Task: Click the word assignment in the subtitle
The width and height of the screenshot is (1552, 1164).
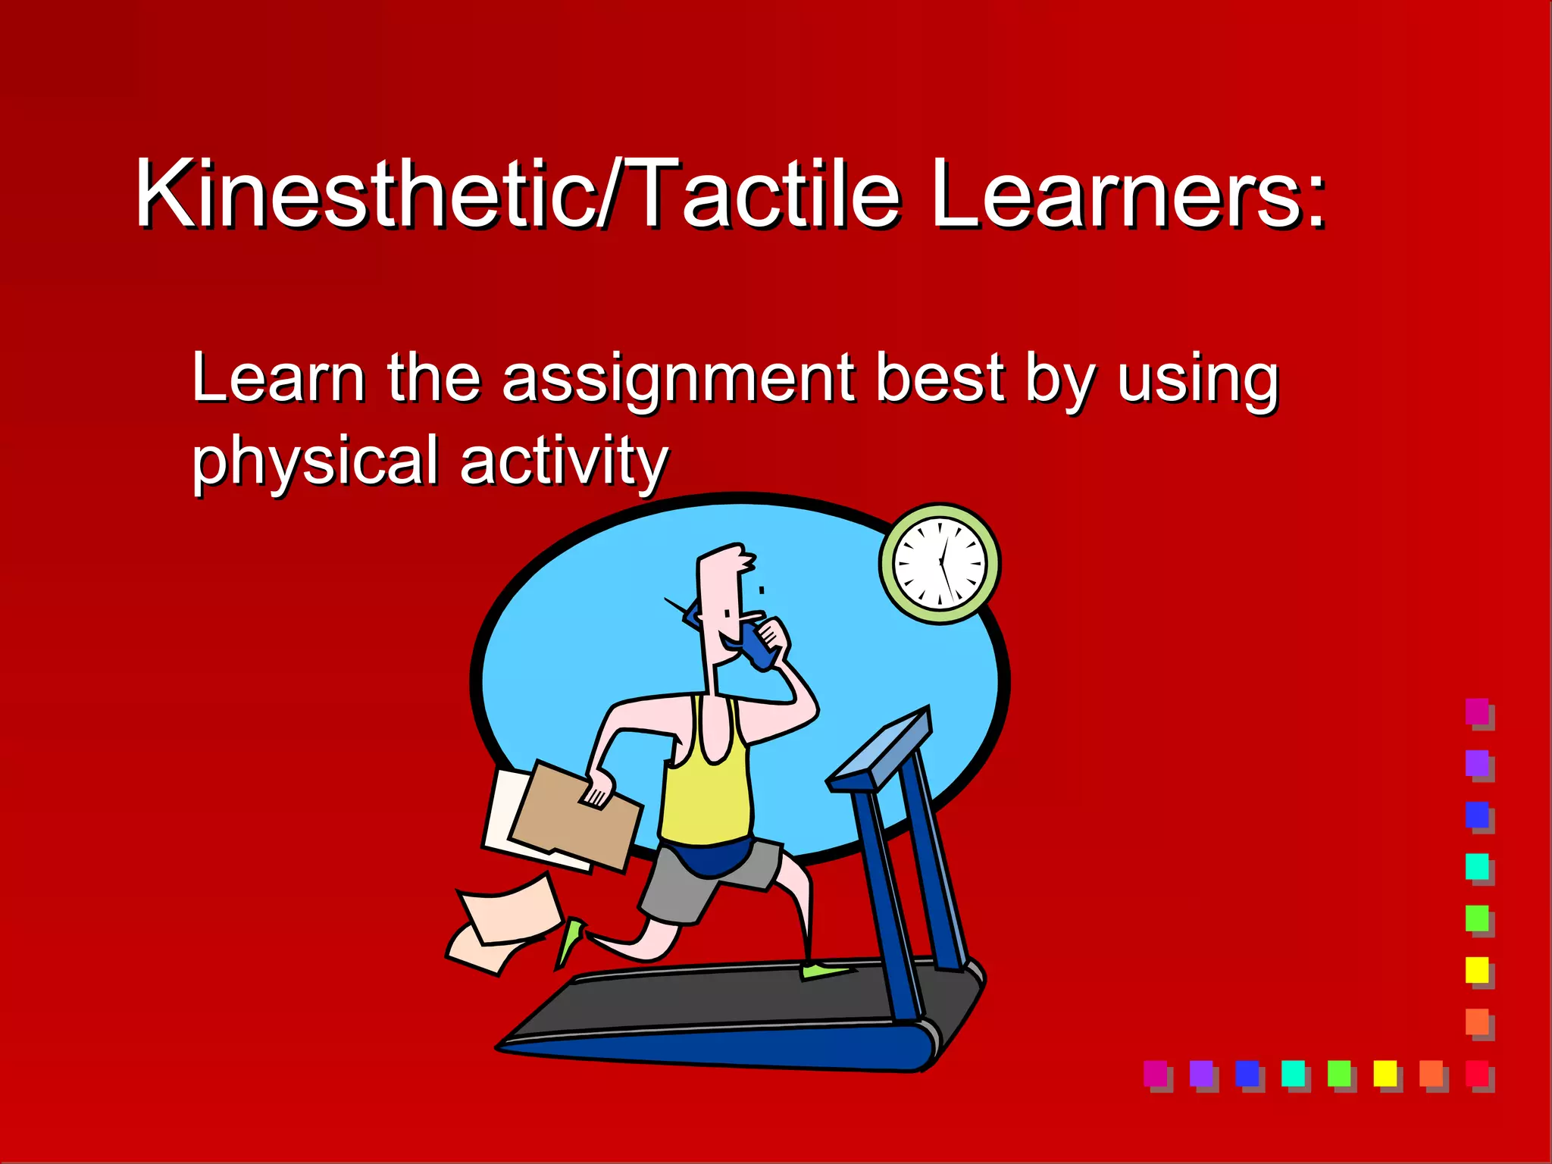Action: [x=678, y=379]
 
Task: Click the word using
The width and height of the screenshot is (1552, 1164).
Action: [x=1197, y=379]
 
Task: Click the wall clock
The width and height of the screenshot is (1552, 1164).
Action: [x=940, y=564]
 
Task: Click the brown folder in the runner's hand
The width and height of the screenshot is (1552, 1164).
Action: [x=576, y=815]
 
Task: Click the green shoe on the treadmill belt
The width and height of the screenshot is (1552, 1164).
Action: [x=826, y=970]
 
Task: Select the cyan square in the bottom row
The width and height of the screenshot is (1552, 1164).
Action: [x=1293, y=1073]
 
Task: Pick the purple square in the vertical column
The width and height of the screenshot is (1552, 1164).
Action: [x=1477, y=763]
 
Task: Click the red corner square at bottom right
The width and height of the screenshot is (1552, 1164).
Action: [x=1477, y=1073]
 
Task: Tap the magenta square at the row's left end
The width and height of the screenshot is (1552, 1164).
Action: [x=1155, y=1073]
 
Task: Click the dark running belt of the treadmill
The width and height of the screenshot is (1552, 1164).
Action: [x=712, y=1000]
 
